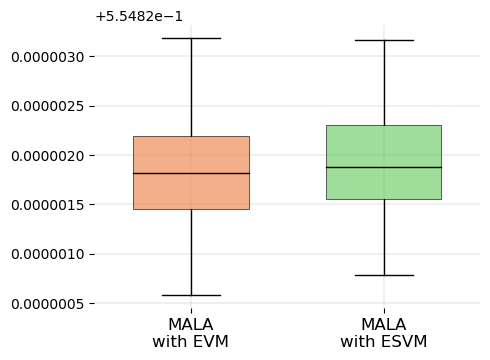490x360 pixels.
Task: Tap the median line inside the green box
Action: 384,167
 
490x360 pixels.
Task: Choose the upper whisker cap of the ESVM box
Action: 384,40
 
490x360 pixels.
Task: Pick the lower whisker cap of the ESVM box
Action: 384,275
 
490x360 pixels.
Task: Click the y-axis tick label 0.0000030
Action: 47,57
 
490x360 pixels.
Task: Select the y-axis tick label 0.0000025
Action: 47,106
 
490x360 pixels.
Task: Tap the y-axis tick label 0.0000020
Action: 47,155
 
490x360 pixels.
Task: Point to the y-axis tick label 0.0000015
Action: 47,204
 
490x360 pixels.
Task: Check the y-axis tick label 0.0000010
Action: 47,253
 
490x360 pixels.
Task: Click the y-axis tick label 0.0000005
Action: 47,302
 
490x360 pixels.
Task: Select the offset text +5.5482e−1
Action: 136,16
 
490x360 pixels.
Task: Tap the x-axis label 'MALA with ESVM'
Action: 384,333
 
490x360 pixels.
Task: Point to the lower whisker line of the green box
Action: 384,237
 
